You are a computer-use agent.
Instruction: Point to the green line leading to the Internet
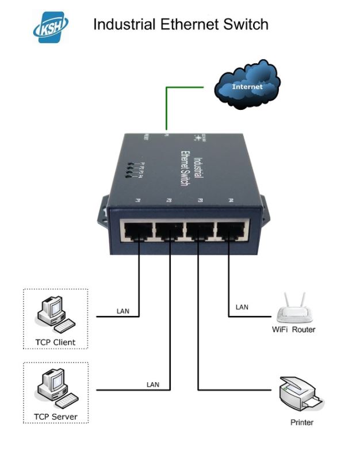[167, 106]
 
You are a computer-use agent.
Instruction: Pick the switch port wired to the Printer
[198, 231]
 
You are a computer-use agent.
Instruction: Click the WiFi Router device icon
[293, 308]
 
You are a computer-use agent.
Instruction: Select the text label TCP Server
[56, 417]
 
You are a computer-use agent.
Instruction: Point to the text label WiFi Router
[293, 330]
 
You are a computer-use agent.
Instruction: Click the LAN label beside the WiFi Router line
[242, 307]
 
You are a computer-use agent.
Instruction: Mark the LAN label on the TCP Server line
[153, 384]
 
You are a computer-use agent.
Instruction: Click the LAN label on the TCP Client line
[123, 311]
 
